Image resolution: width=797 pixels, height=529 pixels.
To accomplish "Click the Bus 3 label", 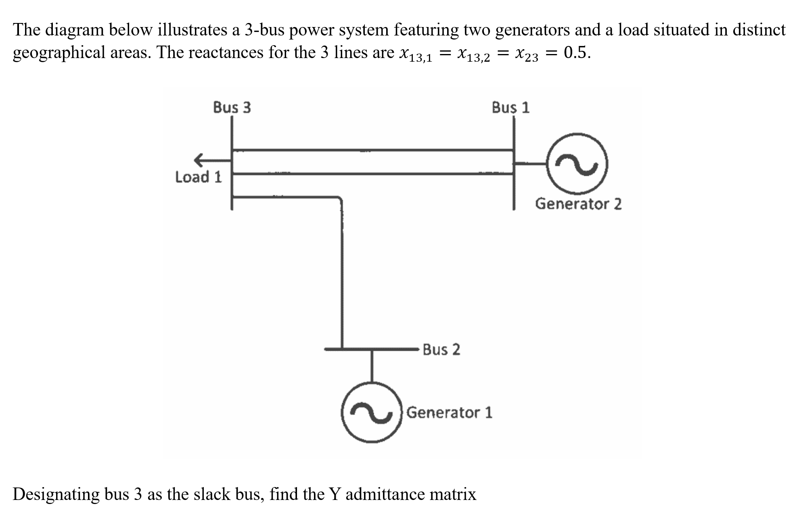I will click(232, 108).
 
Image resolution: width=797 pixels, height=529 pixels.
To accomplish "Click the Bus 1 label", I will click(510, 108).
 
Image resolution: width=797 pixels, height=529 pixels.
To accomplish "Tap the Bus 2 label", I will click(441, 349).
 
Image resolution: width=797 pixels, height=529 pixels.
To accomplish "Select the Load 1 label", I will click(198, 177).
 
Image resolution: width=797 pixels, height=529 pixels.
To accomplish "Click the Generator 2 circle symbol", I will click(577, 163).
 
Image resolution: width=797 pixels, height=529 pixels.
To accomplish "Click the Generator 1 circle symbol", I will click(372, 412).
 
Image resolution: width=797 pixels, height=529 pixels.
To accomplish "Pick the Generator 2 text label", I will click(578, 204).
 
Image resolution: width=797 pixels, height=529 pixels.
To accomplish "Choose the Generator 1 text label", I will click(449, 412).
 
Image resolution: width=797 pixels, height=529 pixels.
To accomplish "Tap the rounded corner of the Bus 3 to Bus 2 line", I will click(340, 199).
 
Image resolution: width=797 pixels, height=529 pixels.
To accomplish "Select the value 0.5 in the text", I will click(576, 52).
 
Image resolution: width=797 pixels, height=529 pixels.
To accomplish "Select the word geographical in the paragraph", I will click(59, 52).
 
